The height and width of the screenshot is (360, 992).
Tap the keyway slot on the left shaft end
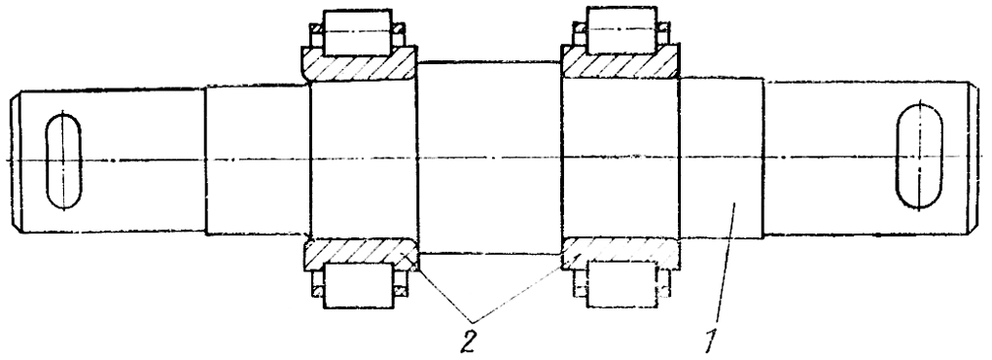click(x=63, y=162)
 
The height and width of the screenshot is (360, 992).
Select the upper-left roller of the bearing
click(x=357, y=32)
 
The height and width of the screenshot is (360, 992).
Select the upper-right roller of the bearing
click(x=621, y=30)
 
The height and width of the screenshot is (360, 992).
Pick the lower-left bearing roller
click(x=357, y=285)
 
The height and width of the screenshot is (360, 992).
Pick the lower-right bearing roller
click(x=621, y=284)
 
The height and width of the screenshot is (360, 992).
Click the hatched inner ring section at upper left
click(x=359, y=64)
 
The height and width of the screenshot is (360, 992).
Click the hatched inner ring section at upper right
click(x=621, y=62)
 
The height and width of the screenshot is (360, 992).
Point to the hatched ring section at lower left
click(x=359, y=253)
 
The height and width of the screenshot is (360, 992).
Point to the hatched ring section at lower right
click(x=621, y=252)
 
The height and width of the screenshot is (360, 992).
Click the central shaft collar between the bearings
click(x=489, y=158)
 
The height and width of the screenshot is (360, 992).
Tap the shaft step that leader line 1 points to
click(x=722, y=158)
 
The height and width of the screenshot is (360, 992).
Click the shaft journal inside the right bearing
click(x=621, y=159)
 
